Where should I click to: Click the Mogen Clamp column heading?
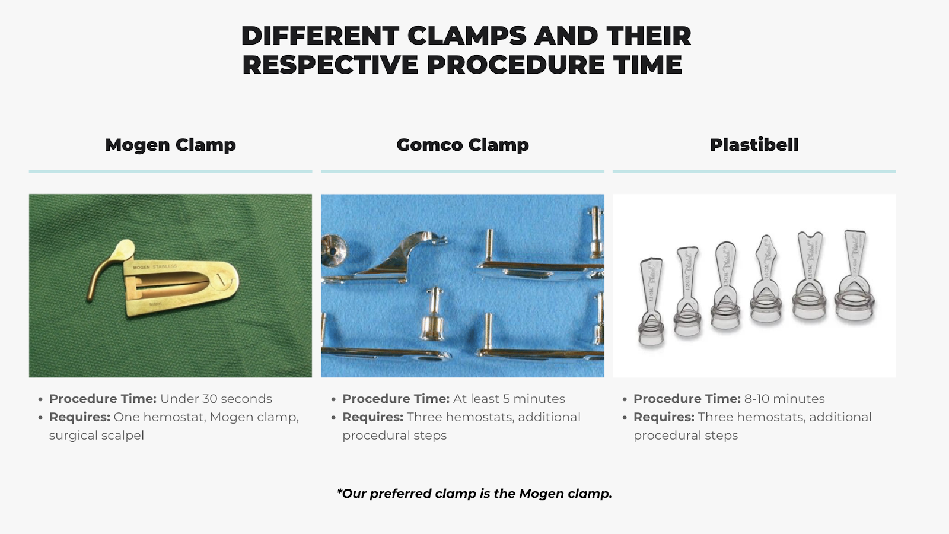(x=170, y=145)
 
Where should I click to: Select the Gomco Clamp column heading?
(x=463, y=145)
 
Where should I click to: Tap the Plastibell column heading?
(x=754, y=145)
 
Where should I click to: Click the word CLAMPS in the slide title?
(x=467, y=36)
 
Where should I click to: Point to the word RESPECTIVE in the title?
(x=330, y=65)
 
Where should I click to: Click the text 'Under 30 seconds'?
(x=216, y=399)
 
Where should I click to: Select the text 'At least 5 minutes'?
(x=509, y=399)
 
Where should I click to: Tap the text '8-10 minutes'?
(x=784, y=399)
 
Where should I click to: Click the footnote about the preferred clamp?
(x=474, y=494)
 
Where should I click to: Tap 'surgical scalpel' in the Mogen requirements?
(x=97, y=436)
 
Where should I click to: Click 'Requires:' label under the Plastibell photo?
(x=664, y=417)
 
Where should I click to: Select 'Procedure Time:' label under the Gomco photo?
(x=396, y=399)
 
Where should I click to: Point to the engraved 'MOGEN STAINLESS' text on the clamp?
(x=155, y=267)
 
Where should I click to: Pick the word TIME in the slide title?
(x=648, y=65)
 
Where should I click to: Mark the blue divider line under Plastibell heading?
(x=754, y=171)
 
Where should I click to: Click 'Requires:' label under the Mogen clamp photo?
(x=79, y=417)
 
